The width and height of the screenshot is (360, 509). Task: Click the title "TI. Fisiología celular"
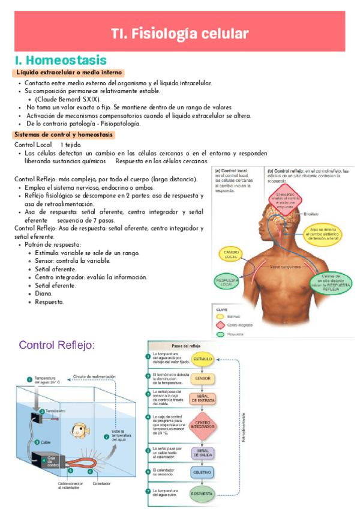click(179, 34)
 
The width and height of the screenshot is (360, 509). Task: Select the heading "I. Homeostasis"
click(61, 61)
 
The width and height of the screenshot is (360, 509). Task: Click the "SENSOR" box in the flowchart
click(203, 379)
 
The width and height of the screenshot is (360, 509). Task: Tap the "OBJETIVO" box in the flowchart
click(203, 472)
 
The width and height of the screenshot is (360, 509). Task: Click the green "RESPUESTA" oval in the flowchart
click(203, 494)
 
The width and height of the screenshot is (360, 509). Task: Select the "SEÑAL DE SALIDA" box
click(203, 453)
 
